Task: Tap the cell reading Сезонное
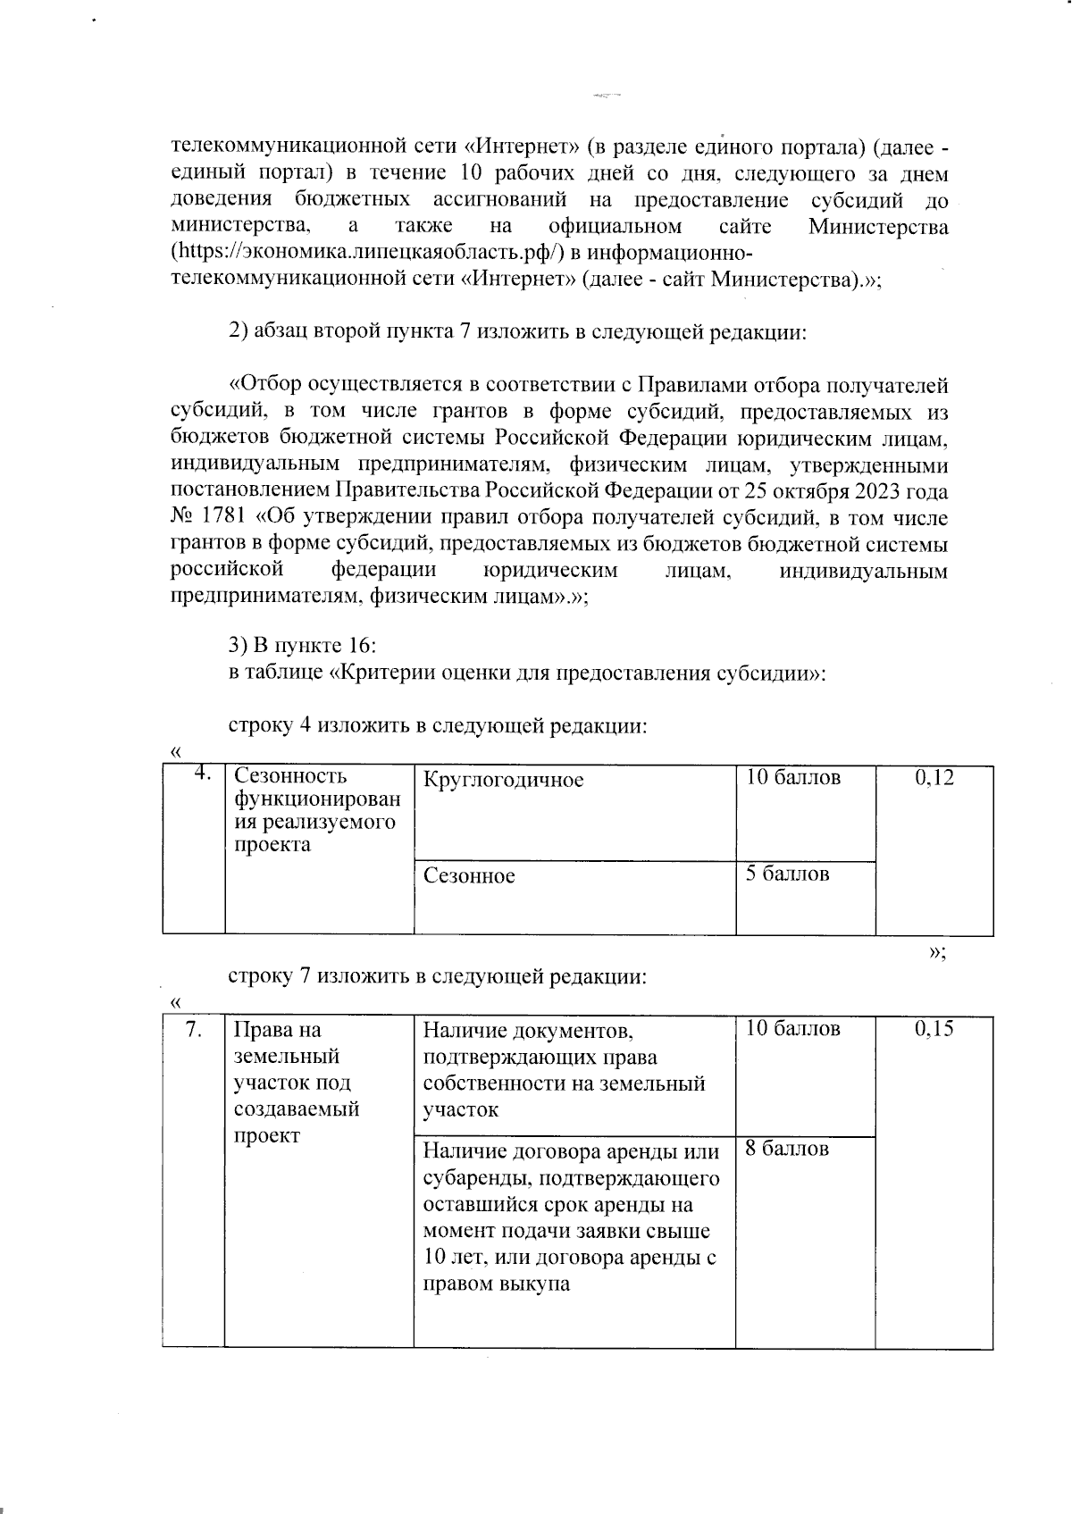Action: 469,875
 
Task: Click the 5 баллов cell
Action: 787,874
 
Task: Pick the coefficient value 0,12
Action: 934,778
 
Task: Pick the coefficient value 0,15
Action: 934,1029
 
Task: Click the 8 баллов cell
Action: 787,1149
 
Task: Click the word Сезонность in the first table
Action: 289,777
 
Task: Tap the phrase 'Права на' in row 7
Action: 276,1030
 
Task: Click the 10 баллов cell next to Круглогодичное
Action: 792,777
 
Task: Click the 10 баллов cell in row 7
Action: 792,1029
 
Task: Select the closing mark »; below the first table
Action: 936,952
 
